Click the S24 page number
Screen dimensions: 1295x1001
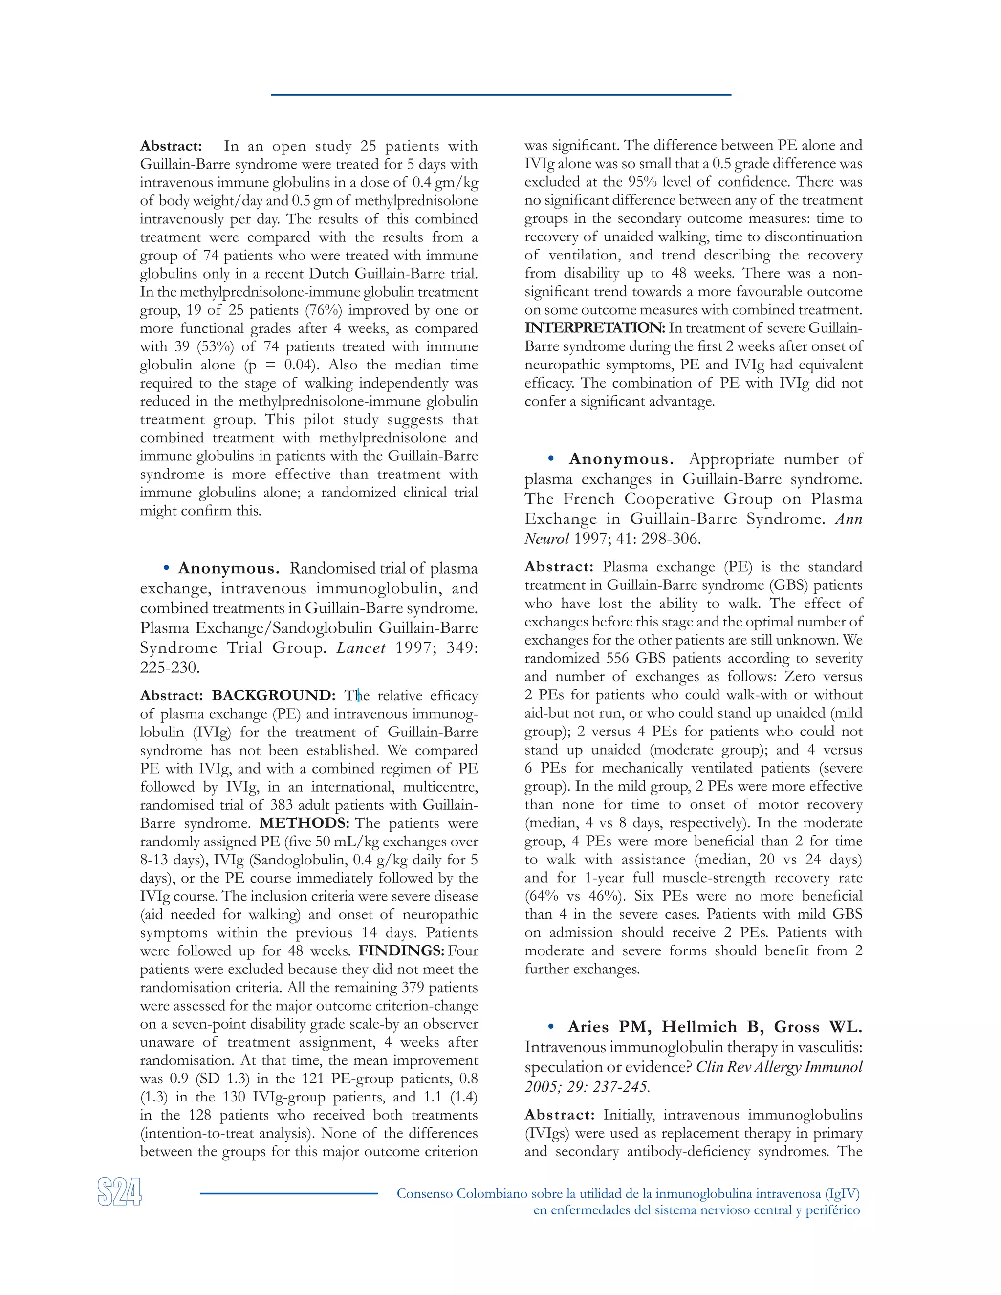119,1192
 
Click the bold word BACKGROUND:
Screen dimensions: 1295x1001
273,695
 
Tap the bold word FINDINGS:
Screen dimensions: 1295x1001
401,951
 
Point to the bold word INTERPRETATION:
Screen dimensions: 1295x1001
595,328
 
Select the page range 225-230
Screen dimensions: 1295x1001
169,668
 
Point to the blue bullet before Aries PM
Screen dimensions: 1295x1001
551,1026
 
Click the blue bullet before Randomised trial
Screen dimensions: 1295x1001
167,568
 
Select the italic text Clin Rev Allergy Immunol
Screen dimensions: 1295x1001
779,1067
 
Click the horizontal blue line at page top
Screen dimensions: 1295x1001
500,94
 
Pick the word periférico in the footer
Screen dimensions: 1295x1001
832,1210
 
